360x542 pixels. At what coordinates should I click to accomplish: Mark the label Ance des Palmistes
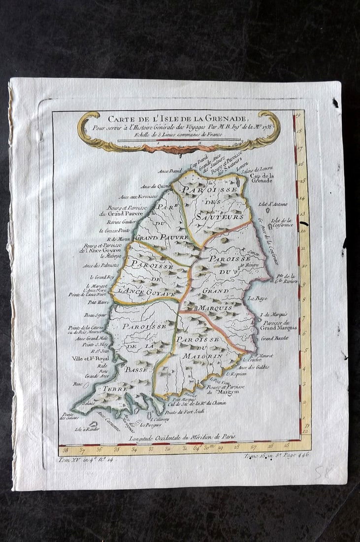[100, 266]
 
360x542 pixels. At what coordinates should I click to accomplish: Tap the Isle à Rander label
[87, 429]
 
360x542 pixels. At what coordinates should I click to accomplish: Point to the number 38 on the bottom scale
[65, 449]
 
